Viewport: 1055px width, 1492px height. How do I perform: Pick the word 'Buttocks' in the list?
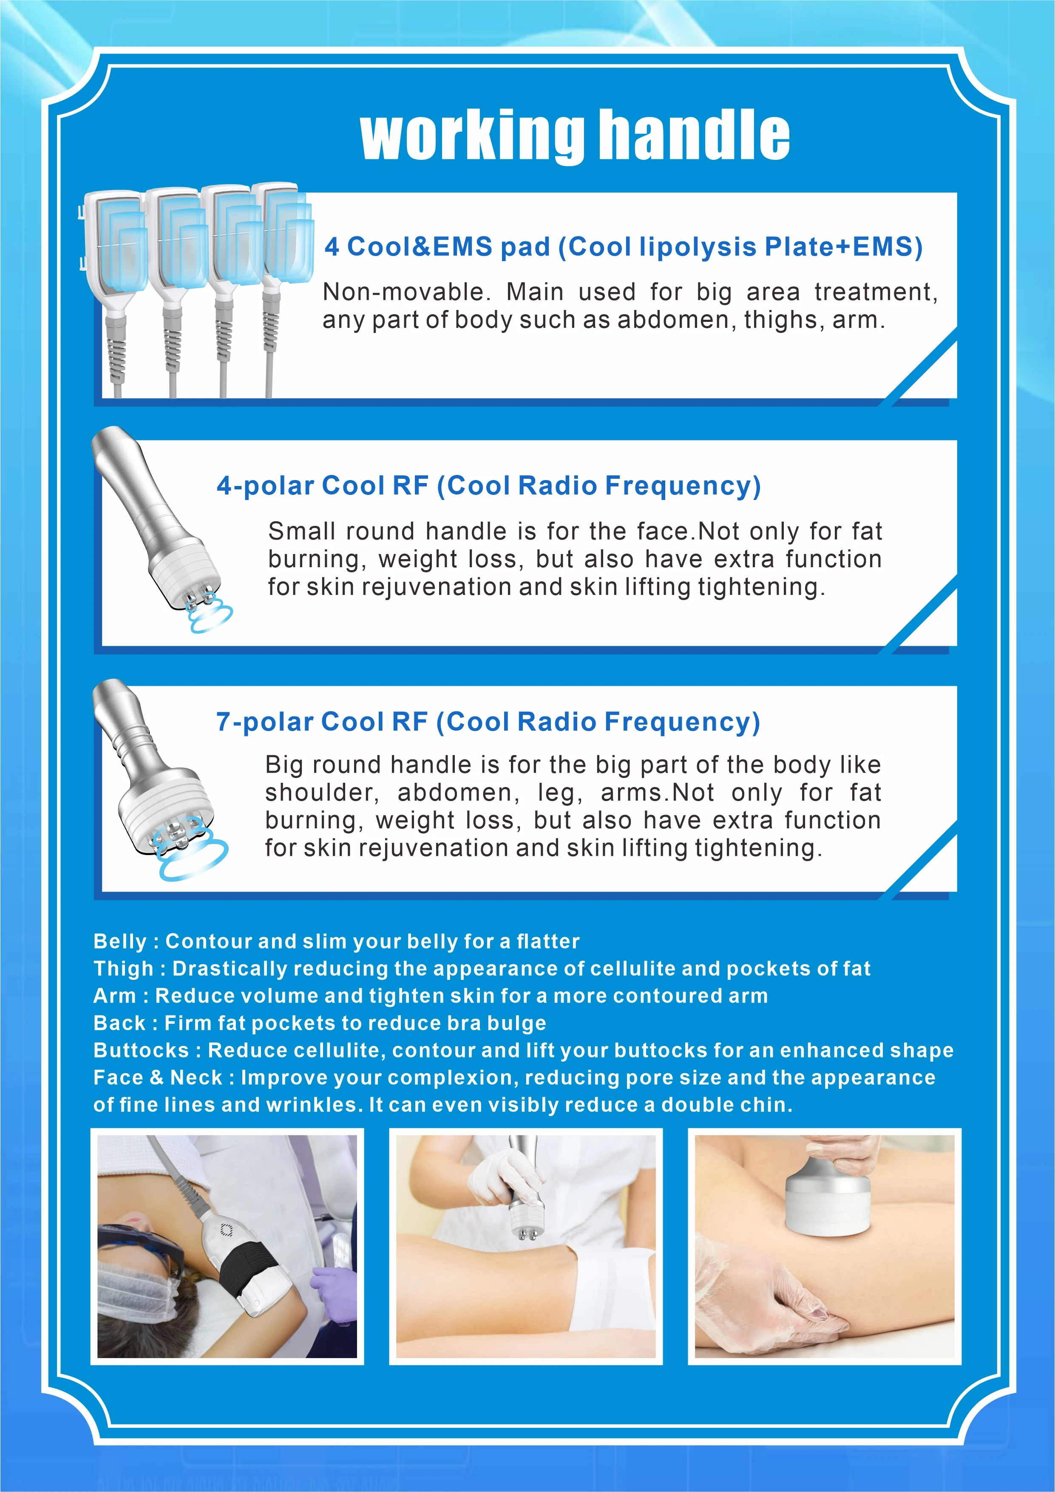click(x=141, y=1050)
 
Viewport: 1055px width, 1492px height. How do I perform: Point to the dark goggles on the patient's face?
click(x=140, y=1245)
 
